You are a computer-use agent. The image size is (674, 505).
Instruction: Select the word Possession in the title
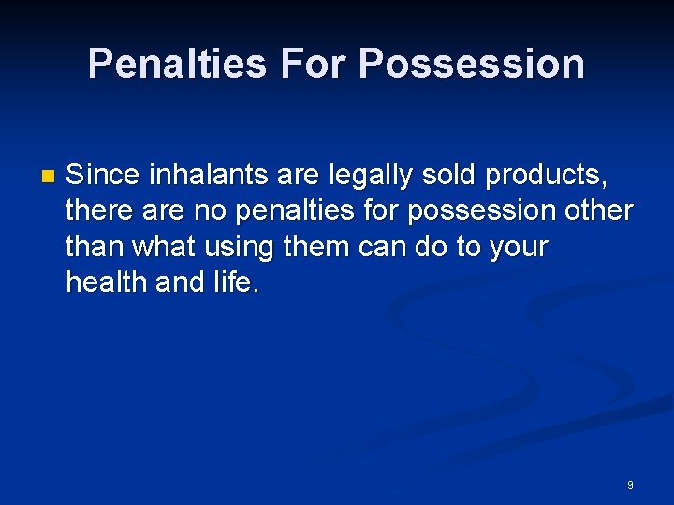tap(471, 64)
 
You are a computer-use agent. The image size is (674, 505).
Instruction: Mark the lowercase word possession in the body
tap(476, 210)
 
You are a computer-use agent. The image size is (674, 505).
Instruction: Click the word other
tap(599, 210)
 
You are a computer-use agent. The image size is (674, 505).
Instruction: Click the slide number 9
tap(630, 485)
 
